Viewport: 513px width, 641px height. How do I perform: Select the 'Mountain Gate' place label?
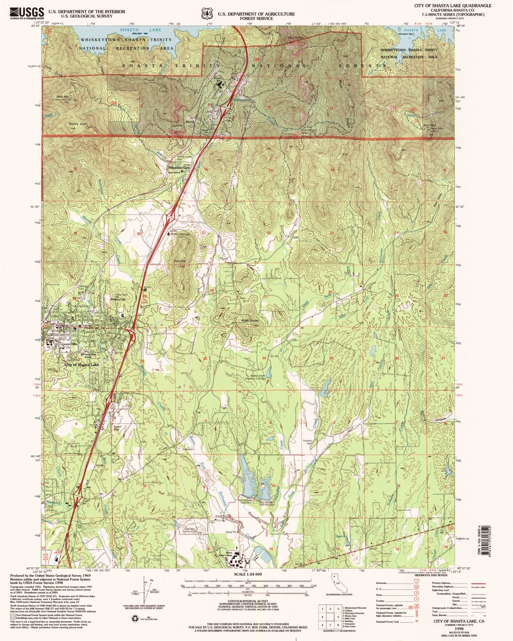point(179,168)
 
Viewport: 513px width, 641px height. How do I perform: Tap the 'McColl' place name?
point(190,122)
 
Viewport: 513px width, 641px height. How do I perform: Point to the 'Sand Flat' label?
point(117,428)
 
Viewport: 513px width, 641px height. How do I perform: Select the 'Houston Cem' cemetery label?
point(307,442)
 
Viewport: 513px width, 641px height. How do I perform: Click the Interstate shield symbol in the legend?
point(417,583)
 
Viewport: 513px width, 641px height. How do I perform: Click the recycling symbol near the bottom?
point(134,618)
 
